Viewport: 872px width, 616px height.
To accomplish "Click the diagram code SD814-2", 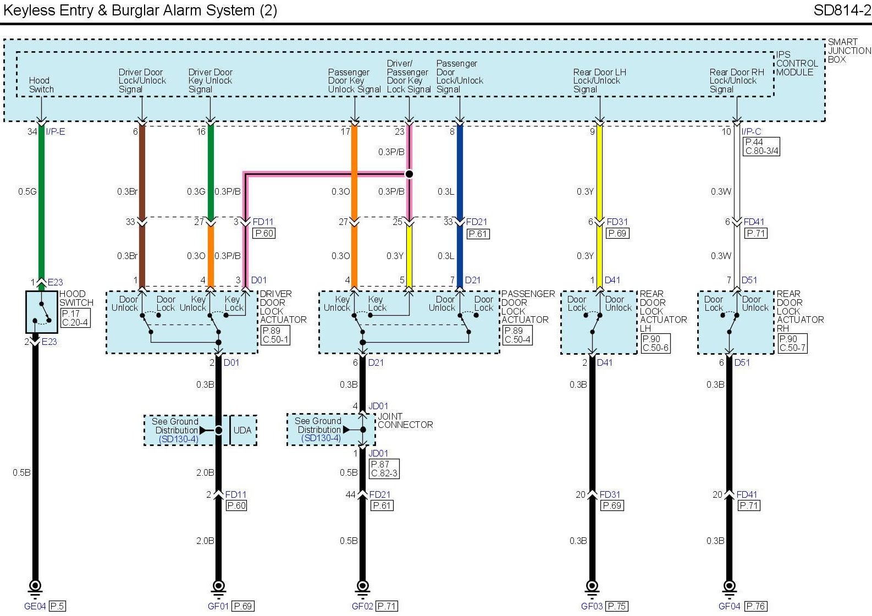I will click(x=842, y=10).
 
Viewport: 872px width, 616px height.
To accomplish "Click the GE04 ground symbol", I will click(x=35, y=586).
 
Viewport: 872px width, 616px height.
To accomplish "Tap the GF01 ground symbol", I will click(x=218, y=586).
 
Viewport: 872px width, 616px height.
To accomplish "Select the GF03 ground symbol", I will click(x=592, y=586).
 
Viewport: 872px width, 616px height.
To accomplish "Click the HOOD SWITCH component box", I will click(x=41, y=312).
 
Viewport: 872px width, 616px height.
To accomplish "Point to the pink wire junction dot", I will click(x=409, y=174).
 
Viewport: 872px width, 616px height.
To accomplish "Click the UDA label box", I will click(x=242, y=430).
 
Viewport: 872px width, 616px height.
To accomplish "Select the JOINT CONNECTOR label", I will click(x=405, y=421).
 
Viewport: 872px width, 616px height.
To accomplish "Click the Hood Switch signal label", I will click(x=41, y=85).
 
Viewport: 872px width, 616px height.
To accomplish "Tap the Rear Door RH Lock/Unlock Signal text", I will click(x=736, y=80).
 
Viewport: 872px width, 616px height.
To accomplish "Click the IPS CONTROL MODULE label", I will click(x=797, y=63).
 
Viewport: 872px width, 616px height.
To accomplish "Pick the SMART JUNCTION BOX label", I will click(x=849, y=51).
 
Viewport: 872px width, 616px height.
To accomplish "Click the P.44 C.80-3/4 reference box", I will click(x=761, y=146).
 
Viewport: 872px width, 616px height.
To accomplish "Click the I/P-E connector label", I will click(x=56, y=131).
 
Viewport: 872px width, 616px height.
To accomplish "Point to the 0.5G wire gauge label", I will click(x=27, y=191).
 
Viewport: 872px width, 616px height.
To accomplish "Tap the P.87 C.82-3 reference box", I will click(x=384, y=469).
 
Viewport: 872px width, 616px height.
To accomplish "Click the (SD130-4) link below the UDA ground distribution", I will click(x=179, y=439).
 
